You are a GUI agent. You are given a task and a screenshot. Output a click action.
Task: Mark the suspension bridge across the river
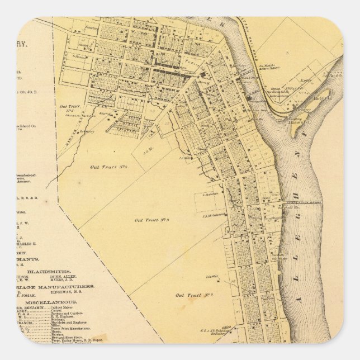pos(302,202)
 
